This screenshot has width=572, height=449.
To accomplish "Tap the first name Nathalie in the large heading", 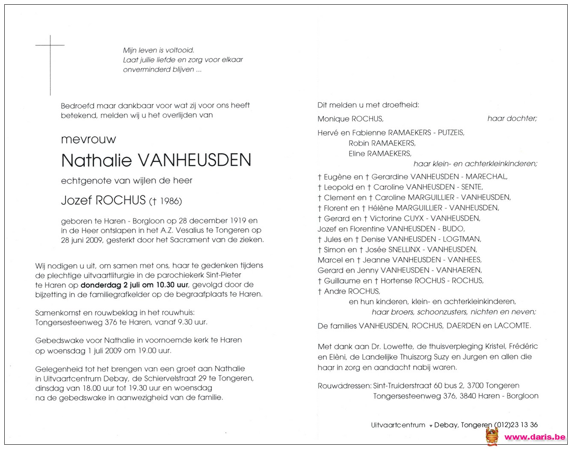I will pos(96,160).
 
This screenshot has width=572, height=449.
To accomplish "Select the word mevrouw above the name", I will pos(89,140).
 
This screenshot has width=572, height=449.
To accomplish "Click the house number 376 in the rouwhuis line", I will pos(111,322).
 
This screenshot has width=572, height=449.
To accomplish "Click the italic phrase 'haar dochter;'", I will pos(512,119).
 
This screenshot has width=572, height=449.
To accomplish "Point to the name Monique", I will pos(333,119).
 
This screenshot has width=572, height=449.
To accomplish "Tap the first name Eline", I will pos(358,154).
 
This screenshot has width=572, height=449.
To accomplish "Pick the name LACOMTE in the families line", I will pos(512,326).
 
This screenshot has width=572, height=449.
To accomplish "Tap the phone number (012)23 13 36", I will pos(516,425).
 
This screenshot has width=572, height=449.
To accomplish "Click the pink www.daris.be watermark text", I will pos(535,437).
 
